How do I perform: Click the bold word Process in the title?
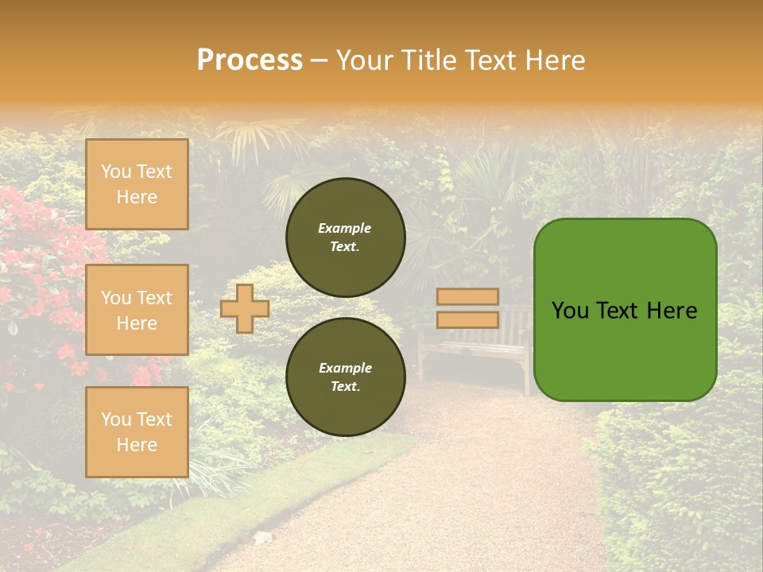point(250,60)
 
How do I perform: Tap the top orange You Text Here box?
point(137,184)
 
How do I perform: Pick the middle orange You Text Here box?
point(137,310)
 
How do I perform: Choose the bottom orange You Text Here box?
point(137,432)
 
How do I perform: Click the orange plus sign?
point(244,308)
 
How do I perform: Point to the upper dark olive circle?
point(345,237)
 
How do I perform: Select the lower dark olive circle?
point(345,377)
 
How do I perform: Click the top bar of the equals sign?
point(467,296)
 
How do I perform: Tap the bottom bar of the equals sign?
point(467,319)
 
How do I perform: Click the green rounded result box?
point(625,310)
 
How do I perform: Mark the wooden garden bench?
point(477,350)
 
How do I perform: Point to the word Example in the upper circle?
point(345,228)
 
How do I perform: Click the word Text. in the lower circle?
point(345,387)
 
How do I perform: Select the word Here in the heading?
point(552,60)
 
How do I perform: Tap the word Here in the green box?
point(672,311)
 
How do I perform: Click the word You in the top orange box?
point(115,172)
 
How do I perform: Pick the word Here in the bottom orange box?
point(137,445)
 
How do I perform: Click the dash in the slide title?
point(319,61)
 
